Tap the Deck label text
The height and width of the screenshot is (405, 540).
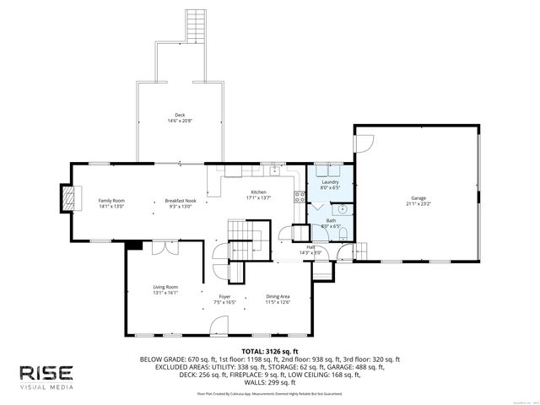point(179,115)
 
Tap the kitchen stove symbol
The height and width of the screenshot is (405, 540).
point(299,197)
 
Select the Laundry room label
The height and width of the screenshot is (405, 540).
point(330,181)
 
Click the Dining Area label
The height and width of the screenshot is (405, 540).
point(278,296)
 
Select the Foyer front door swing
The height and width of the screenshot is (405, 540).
point(219,324)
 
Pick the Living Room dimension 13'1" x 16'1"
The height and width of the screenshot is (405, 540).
point(165,294)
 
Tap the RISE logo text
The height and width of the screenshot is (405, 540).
point(47,372)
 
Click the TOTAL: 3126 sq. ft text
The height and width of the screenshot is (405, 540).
point(270,350)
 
